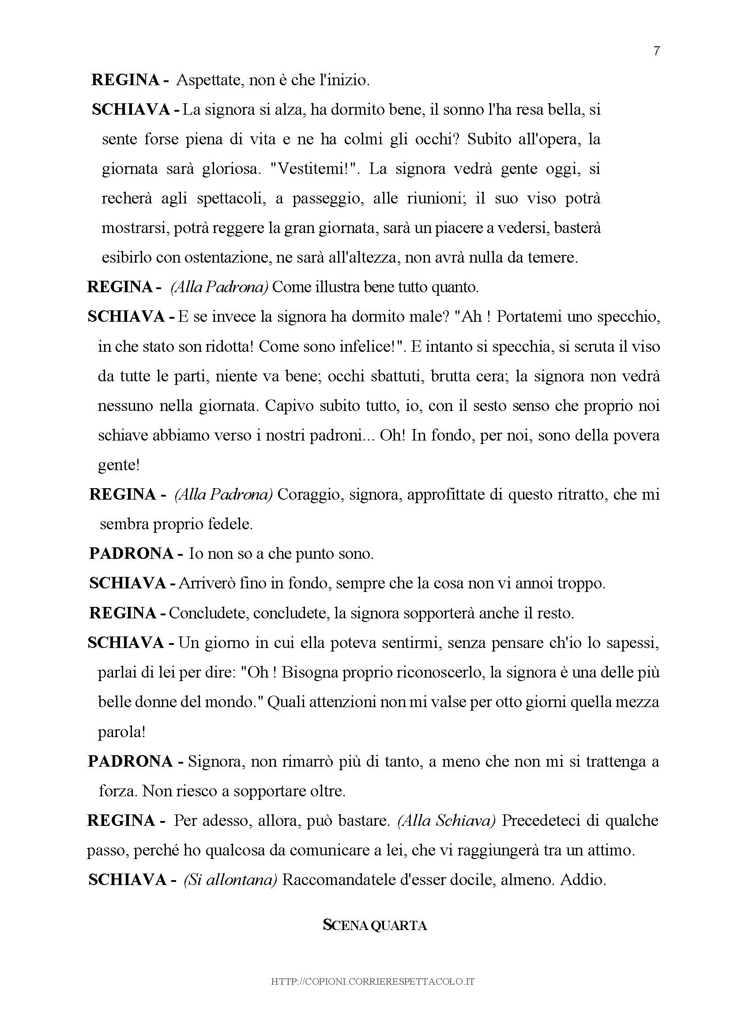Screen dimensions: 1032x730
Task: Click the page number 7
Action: (x=656, y=51)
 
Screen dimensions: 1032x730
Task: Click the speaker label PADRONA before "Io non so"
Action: (x=131, y=554)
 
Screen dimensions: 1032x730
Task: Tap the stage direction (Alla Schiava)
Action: (x=446, y=821)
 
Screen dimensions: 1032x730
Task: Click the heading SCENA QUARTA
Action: (x=375, y=926)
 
